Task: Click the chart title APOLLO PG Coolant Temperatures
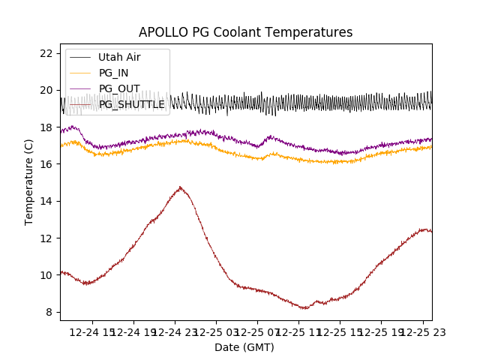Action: coord(245,32)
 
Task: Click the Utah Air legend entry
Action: coord(118,57)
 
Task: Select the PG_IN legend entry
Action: coord(113,73)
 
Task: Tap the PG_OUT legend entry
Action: coord(118,88)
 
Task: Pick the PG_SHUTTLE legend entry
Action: coord(131,104)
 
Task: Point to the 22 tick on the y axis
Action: coord(46,53)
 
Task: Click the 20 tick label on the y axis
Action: coord(46,90)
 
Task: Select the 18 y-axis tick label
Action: coord(46,127)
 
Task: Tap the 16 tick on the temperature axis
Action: coord(46,164)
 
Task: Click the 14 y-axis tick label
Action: coord(46,201)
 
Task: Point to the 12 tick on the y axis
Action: coord(46,238)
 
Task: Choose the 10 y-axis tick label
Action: coord(46,275)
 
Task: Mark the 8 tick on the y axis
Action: coord(49,312)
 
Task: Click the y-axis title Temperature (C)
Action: coord(28,182)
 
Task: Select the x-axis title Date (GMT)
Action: coord(244,347)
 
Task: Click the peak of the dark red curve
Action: coord(180,187)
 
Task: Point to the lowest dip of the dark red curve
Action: coord(304,308)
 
